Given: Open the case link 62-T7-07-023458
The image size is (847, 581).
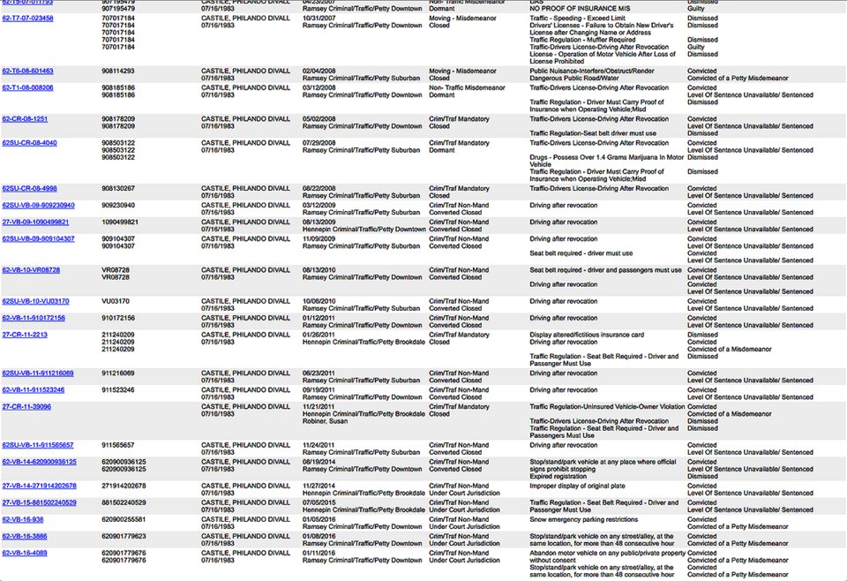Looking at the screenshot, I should point(27,19).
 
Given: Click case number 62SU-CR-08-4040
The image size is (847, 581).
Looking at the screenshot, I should point(29,143).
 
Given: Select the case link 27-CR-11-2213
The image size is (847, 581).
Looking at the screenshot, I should point(25,336).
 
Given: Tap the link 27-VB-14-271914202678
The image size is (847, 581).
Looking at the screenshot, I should point(39,486).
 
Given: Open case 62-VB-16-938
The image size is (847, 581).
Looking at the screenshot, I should point(23,519).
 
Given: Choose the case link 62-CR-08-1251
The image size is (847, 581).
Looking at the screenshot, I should point(25,118).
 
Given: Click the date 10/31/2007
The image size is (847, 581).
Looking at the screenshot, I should point(318,19).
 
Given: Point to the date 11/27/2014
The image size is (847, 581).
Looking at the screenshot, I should point(318,486).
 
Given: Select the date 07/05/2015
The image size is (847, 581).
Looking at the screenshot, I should point(318,502).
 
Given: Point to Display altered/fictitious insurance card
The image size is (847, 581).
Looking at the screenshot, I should point(587,336).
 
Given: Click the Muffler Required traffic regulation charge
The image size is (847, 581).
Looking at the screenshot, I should point(582,40).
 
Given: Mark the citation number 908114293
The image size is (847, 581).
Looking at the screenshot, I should point(118,71).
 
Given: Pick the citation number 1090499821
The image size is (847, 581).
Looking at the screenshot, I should point(120,222).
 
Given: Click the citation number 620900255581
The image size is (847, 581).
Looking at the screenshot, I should point(124,519).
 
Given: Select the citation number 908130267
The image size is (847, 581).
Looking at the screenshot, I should point(118,188).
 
